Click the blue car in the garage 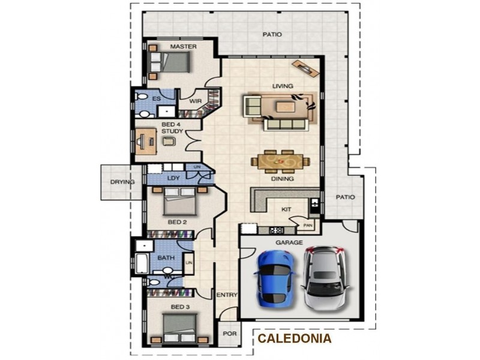coord(275,278)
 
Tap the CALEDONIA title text coord(295,338)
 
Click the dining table coord(280,161)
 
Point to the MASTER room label coord(184,47)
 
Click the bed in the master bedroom coord(170,62)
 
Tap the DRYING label coord(122,182)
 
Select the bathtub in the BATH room coord(142,263)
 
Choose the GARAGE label coord(289,242)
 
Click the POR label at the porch coord(230,334)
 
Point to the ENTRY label coord(227,295)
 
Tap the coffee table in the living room coord(286,107)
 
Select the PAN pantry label coord(308,226)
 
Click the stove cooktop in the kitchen coord(277,230)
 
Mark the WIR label coord(195,101)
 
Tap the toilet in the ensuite coord(142,96)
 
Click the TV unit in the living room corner coord(305,68)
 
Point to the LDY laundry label coord(173,178)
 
